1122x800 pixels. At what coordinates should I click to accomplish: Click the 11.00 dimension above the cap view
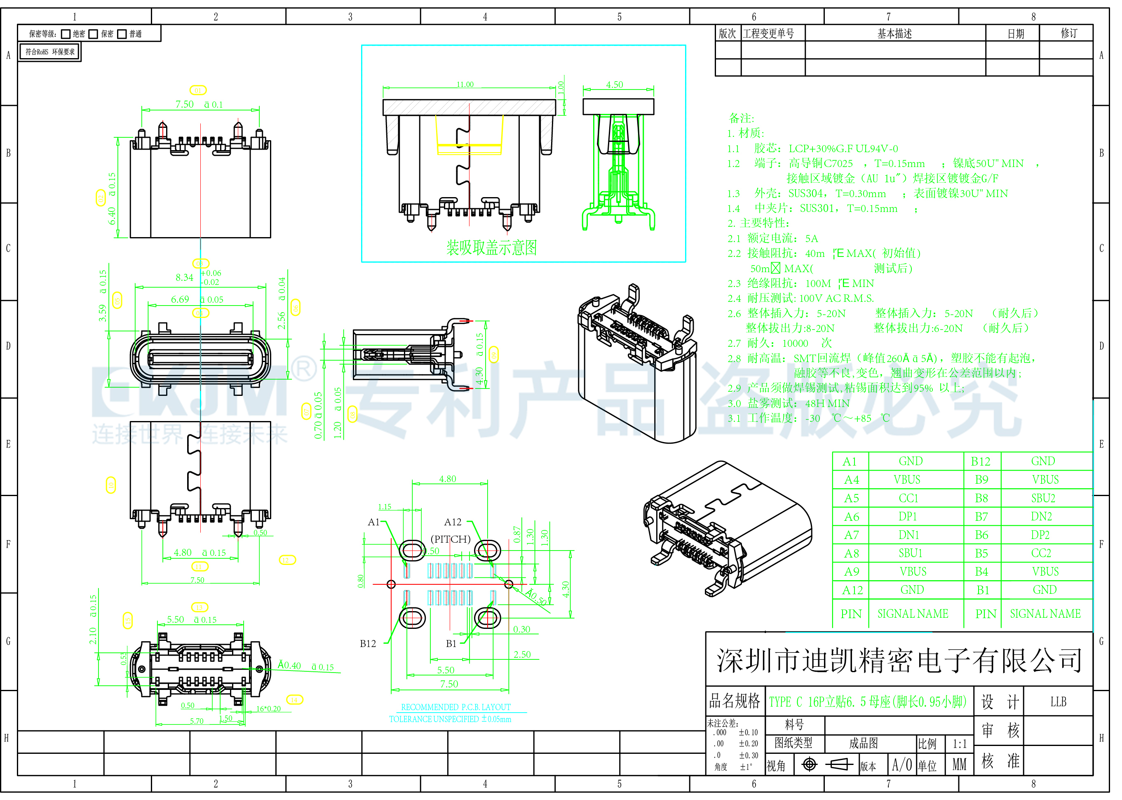(x=465, y=85)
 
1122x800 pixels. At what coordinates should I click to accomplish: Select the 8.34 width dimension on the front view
(x=185, y=278)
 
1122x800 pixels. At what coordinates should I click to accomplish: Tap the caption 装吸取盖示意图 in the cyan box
(x=491, y=248)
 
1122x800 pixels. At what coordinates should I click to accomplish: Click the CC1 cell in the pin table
(x=908, y=499)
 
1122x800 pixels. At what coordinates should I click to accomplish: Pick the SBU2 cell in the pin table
(x=1043, y=499)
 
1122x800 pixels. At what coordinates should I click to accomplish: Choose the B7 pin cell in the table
(x=981, y=517)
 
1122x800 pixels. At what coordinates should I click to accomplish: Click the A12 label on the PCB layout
(x=453, y=522)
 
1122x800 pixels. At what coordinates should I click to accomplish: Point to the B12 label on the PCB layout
(x=368, y=644)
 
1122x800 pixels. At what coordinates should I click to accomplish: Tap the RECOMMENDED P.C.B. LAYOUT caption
(x=456, y=707)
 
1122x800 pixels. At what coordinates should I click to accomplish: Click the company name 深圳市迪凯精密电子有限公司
(x=899, y=661)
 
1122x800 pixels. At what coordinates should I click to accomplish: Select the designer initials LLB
(x=1058, y=702)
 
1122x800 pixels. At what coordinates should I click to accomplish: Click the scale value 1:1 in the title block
(x=959, y=744)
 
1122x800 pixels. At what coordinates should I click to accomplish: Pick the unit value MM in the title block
(x=959, y=765)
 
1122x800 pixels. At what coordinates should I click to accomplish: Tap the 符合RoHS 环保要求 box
(x=50, y=52)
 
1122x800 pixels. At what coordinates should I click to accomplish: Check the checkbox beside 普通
(x=122, y=34)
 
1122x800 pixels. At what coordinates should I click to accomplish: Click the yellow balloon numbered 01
(x=198, y=90)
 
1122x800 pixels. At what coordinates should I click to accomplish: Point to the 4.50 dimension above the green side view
(x=615, y=85)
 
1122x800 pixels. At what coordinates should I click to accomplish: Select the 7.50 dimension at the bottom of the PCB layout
(x=449, y=684)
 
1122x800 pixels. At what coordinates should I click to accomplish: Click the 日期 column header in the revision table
(x=1015, y=33)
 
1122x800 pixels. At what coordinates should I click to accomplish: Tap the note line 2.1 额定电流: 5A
(x=773, y=238)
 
